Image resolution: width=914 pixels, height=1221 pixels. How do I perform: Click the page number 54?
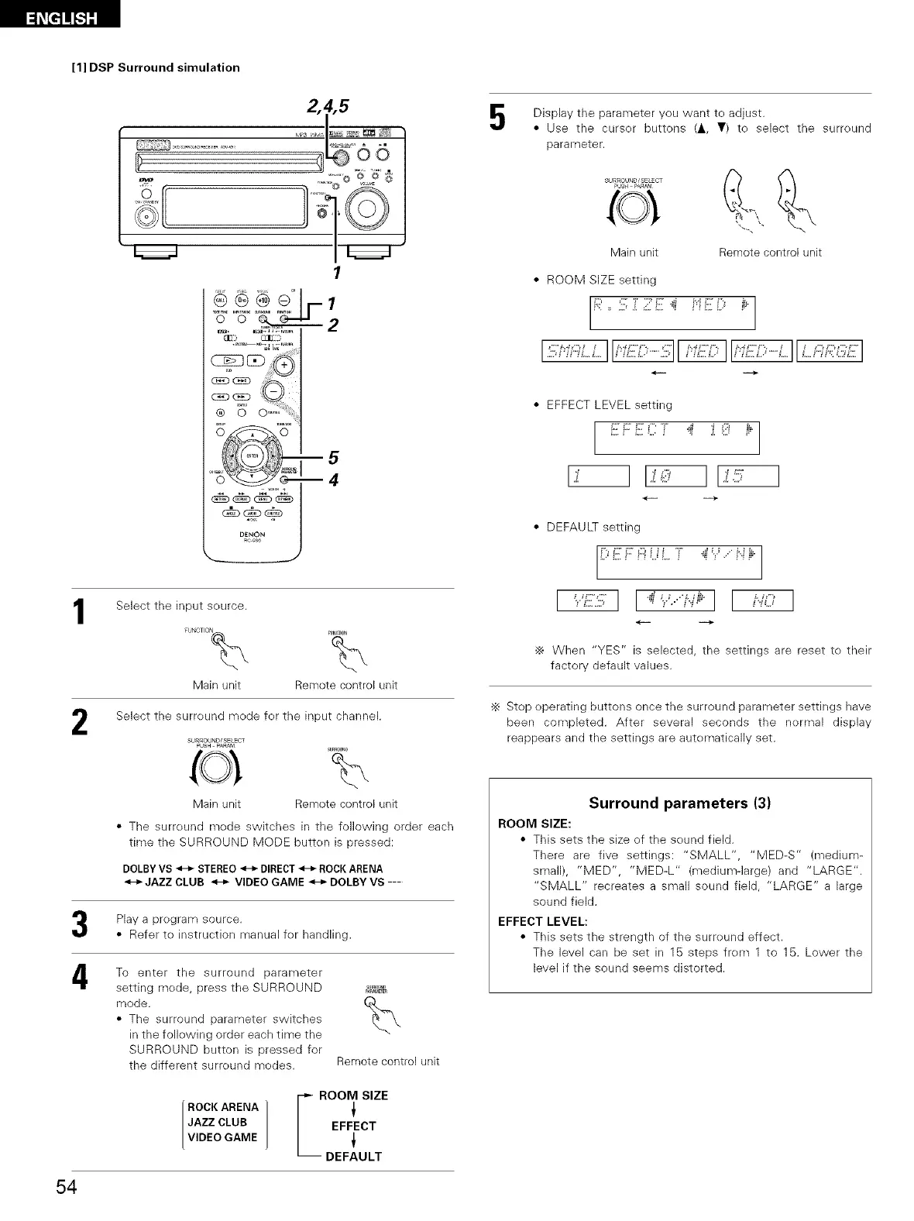[65, 1187]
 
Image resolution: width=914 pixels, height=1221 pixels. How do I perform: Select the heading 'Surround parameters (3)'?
[679, 803]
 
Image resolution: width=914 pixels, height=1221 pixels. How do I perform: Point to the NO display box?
[762, 600]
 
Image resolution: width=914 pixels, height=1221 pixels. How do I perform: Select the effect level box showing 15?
[748, 476]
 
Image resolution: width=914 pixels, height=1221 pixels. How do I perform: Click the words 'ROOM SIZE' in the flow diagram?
[353, 1095]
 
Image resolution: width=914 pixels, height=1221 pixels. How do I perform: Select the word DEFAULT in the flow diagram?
[353, 1157]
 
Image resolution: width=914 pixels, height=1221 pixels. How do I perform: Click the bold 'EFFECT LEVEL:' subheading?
[542, 921]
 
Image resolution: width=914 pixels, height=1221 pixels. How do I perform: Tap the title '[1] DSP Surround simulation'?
[156, 67]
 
